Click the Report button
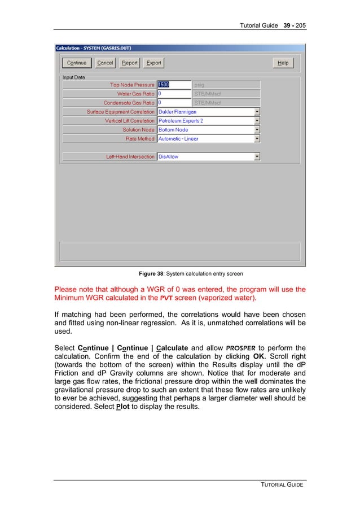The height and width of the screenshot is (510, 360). (x=130, y=63)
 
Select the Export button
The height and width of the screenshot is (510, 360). (x=153, y=63)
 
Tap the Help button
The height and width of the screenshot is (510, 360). (x=283, y=63)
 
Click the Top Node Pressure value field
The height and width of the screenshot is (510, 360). (x=174, y=85)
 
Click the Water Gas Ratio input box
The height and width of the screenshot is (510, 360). (x=174, y=94)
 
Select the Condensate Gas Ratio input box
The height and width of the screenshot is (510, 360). (x=174, y=103)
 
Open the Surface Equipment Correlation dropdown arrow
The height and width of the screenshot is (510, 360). (x=257, y=112)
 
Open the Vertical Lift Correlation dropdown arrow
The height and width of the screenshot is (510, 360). (x=257, y=121)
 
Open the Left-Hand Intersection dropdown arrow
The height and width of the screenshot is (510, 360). (x=257, y=157)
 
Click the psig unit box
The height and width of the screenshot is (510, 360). (x=226, y=85)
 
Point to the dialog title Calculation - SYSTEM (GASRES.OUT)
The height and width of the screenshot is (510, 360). (x=94, y=48)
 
